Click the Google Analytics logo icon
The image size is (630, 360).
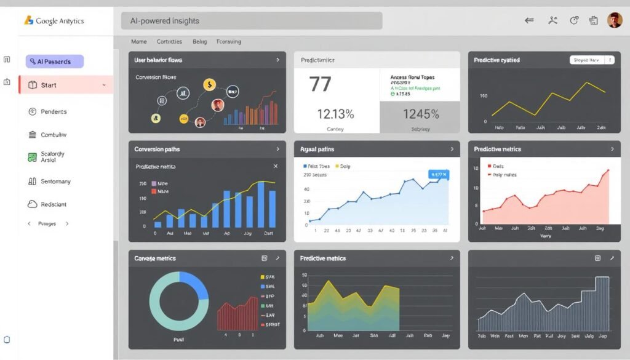[x=28, y=20]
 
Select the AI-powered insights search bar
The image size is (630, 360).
[x=252, y=21]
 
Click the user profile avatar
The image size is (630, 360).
[x=614, y=20]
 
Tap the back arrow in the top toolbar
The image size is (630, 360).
[x=529, y=20]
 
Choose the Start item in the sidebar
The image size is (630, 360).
[x=66, y=85]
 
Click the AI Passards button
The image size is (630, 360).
[x=54, y=62]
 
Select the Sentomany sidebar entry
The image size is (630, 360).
[x=55, y=182]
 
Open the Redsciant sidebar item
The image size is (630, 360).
[x=54, y=204]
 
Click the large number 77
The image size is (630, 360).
[x=321, y=84]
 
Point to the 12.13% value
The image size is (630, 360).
[x=335, y=114]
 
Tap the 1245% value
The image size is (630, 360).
[x=421, y=114]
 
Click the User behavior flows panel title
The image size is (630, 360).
[x=158, y=60]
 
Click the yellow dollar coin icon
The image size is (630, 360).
[x=210, y=84]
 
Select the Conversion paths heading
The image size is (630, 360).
[x=157, y=150]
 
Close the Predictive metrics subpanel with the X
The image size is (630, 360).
[x=275, y=166]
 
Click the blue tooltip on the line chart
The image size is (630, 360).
[x=439, y=175]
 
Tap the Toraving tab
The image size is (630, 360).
[x=228, y=42]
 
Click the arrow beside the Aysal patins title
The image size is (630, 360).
[x=452, y=150]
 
